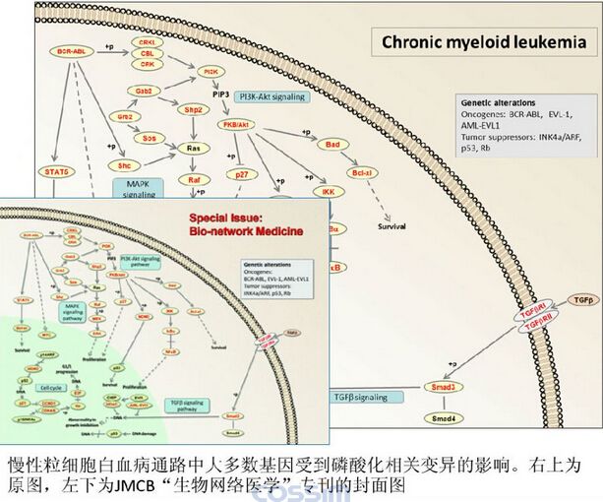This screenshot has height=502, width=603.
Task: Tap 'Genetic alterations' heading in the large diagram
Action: [499, 101]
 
